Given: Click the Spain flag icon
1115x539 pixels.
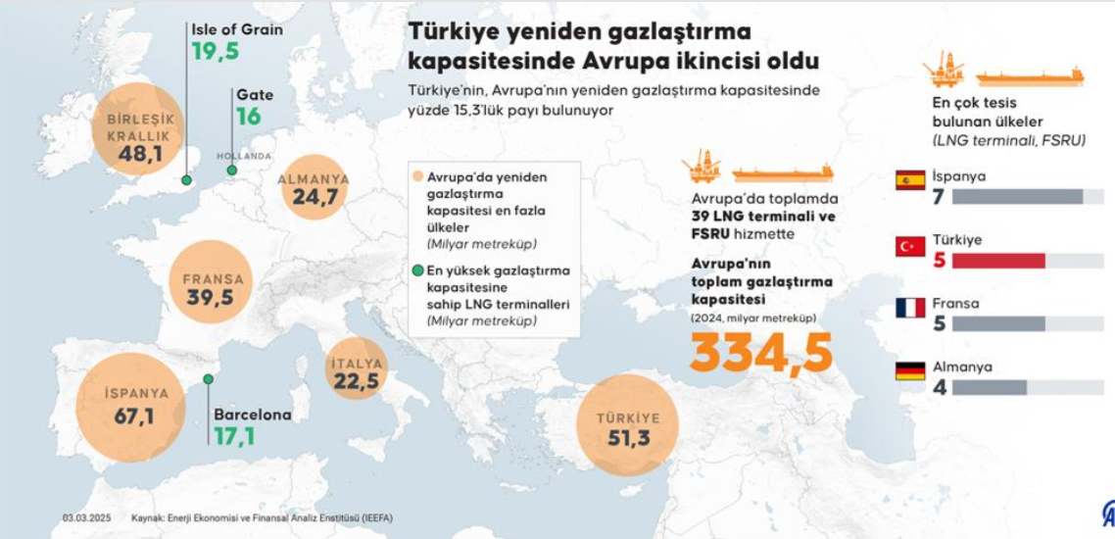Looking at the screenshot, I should point(910,180).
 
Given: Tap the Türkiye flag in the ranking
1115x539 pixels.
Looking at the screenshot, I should point(910,247).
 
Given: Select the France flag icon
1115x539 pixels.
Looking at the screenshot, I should point(910,308).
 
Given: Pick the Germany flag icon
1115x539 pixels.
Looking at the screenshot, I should point(910,371).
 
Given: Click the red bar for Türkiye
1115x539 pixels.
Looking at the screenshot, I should point(997,260).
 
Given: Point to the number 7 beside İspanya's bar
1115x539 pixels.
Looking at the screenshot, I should point(938,197).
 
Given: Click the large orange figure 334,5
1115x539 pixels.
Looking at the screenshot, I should point(761,353).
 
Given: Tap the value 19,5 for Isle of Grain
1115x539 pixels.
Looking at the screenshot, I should point(216,52).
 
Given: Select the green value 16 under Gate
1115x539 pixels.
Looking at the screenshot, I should point(249,117).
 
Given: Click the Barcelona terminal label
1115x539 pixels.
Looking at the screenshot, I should point(252,415).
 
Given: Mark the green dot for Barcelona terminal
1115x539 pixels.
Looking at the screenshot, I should point(208,379).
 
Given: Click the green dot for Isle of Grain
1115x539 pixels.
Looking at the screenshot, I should point(186,180).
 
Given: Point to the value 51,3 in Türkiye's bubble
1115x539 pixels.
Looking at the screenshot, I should point(628,438).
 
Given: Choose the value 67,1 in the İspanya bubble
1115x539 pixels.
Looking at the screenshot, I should point(134,416).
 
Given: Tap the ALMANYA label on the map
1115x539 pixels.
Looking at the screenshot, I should point(314,179).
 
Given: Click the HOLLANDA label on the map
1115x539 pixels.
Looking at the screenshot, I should point(244,156).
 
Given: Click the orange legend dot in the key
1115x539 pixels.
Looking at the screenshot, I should point(418,177).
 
